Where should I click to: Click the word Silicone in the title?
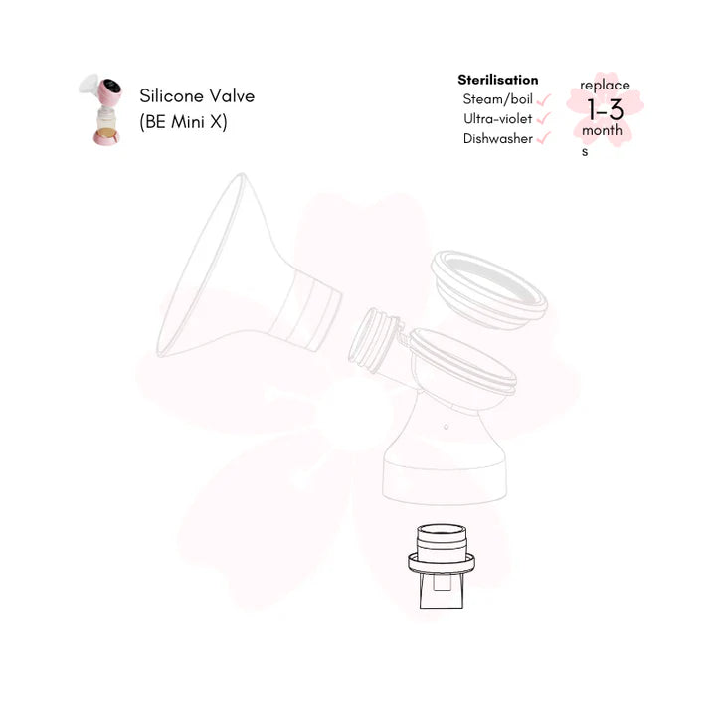tap(171, 95)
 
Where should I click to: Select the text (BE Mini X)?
tap(183, 122)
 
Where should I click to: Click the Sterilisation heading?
tap(498, 80)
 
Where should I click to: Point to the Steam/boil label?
tap(498, 99)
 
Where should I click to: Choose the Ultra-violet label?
tap(498, 118)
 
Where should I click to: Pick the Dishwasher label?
tap(498, 138)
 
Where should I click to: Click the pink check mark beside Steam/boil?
tap(543, 99)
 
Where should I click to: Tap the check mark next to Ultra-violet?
tap(543, 118)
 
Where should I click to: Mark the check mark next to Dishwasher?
tap(543, 138)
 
